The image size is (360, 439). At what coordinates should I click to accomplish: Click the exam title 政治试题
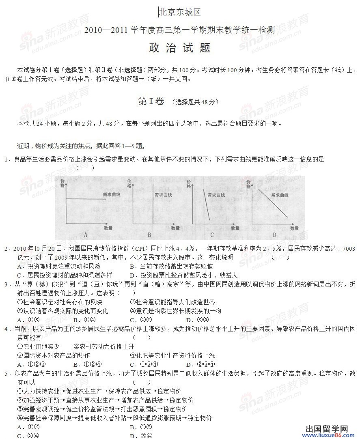point(180,47)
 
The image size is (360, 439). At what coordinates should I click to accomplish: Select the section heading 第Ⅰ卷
point(151,101)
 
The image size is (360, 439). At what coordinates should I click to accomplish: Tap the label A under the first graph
point(85,235)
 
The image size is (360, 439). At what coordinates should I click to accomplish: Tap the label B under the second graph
point(149,235)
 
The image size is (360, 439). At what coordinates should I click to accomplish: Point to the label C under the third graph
point(212,235)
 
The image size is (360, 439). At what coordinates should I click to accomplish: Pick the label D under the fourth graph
point(274,235)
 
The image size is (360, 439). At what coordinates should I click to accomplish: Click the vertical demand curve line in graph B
point(153,203)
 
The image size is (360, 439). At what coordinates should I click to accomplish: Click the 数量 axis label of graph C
point(237,228)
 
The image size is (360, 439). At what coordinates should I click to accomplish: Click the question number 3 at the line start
point(6,284)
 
